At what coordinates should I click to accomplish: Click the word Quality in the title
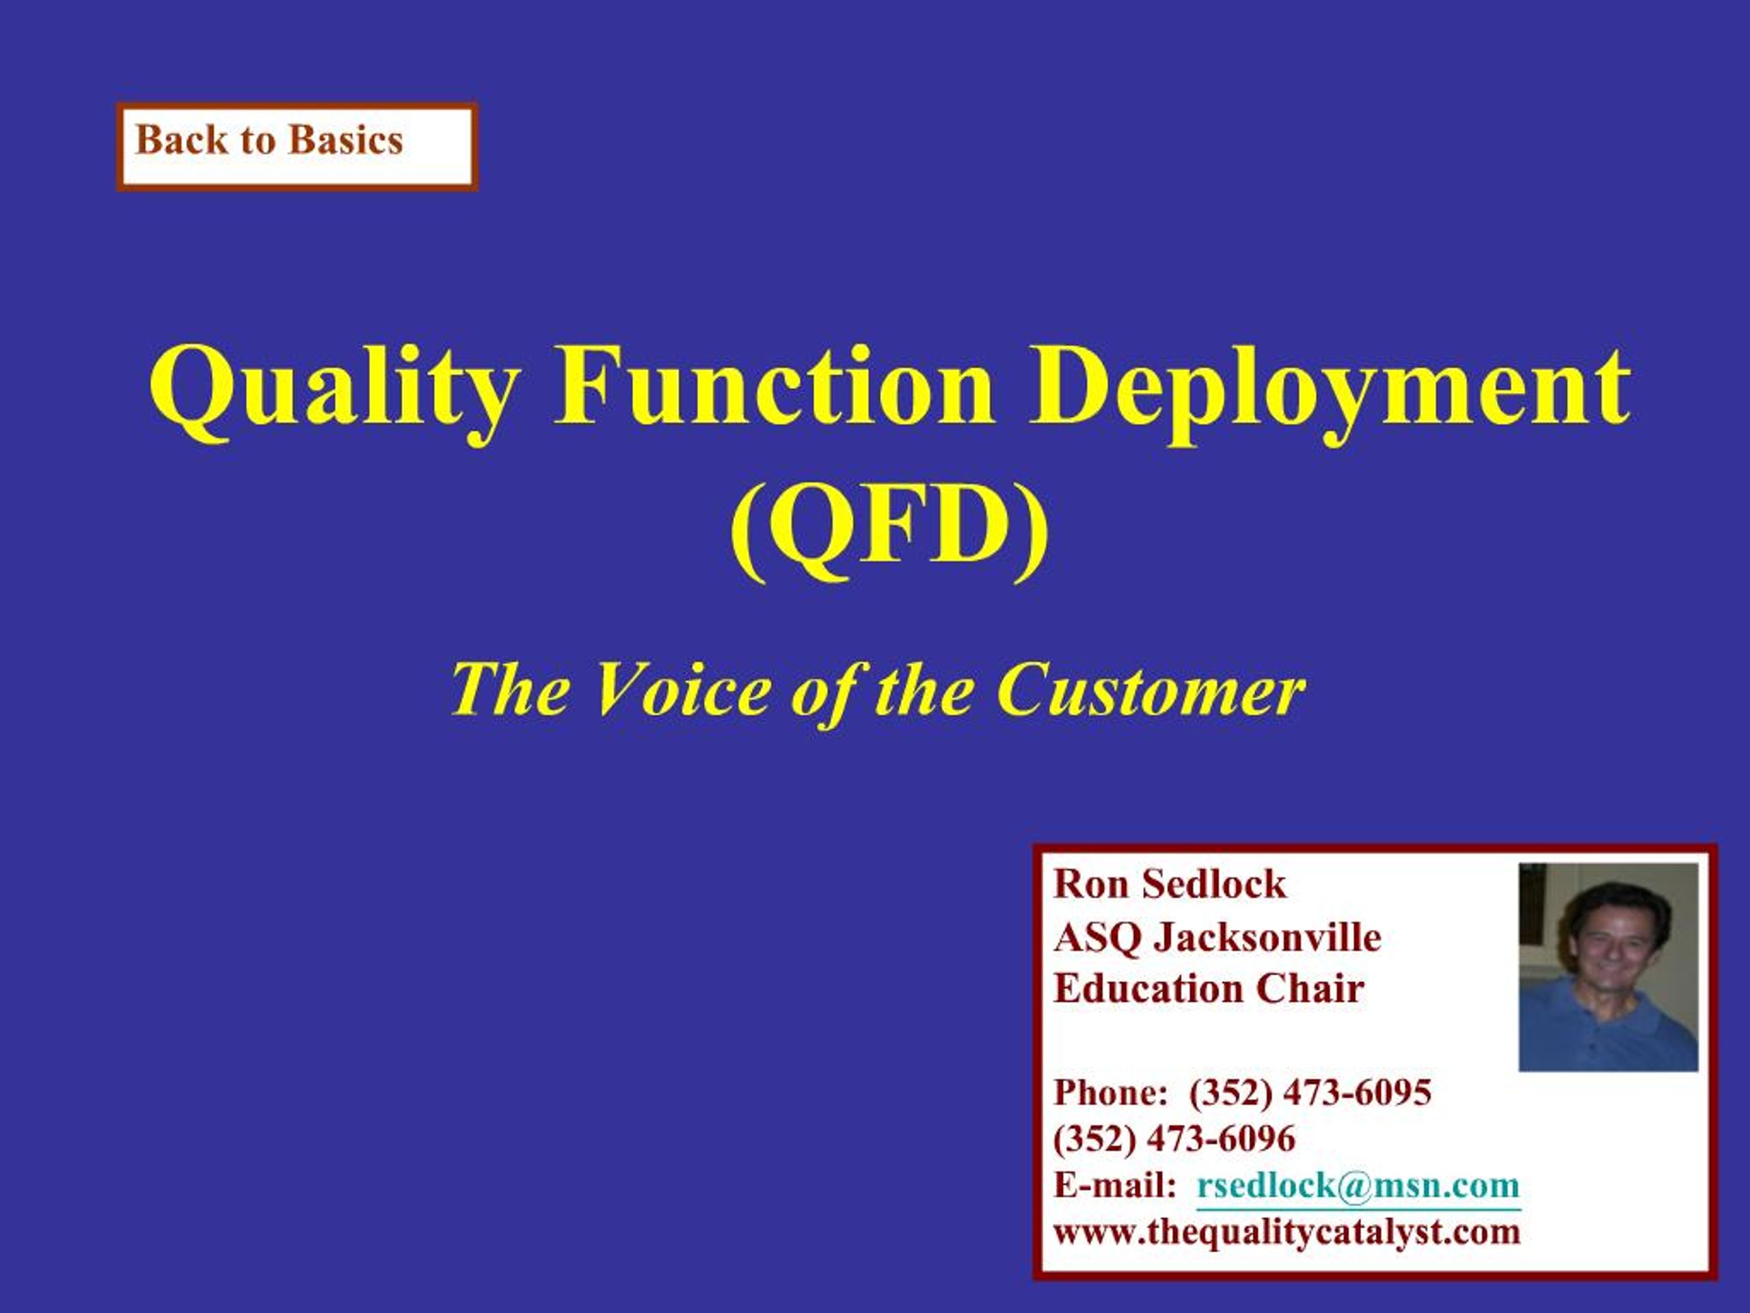pos(333,393)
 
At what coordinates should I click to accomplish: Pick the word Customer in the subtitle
pos(1151,689)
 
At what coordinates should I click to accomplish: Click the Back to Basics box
pos(297,147)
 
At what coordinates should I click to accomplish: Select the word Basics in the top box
pos(346,140)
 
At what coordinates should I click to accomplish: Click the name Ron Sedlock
pos(1170,884)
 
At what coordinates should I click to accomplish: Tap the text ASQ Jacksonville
pos(1217,937)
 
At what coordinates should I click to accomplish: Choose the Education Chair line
pos(1209,988)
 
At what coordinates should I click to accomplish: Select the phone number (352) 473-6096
pos(1174,1139)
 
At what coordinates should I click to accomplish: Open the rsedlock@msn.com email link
pos(1358,1186)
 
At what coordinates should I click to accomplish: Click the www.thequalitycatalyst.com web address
pos(1287,1232)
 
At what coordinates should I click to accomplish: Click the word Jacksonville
pos(1267,937)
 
